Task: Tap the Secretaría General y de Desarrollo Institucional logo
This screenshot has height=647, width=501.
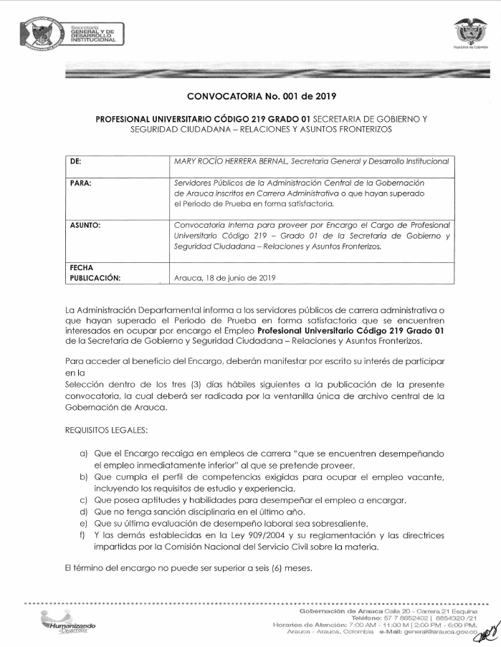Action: click(72, 34)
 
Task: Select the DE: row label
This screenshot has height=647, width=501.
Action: click(76, 161)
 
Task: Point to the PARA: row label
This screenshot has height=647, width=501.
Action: click(80, 183)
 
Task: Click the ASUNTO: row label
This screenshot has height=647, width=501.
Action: click(85, 225)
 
